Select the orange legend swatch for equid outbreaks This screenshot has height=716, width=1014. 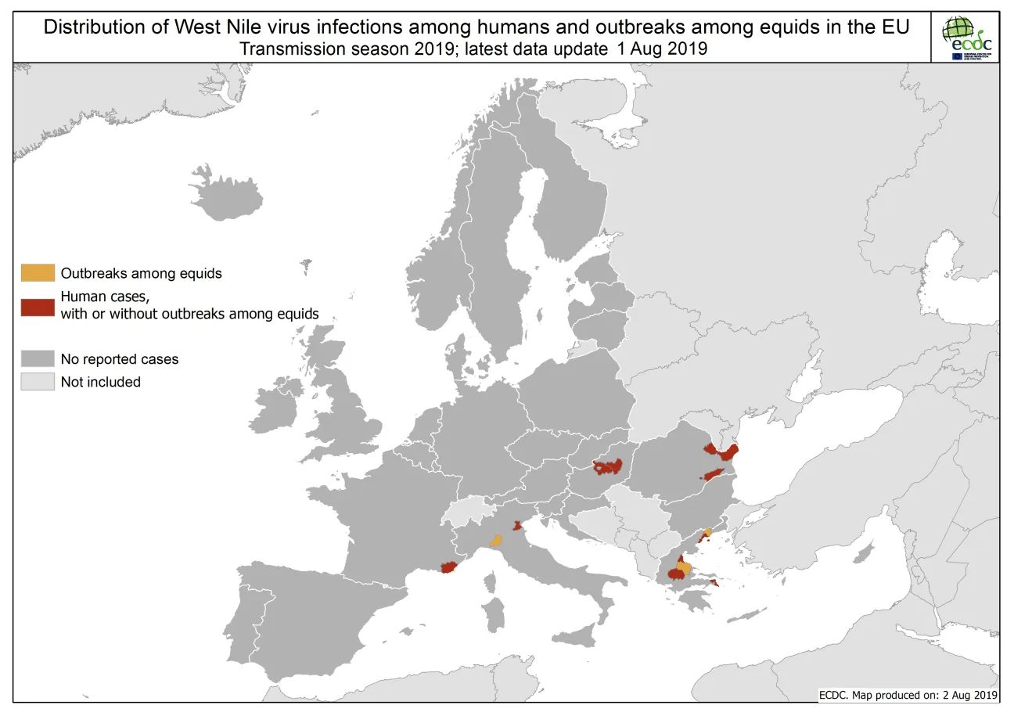[x=38, y=273]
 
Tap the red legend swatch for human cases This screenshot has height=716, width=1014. [x=38, y=306]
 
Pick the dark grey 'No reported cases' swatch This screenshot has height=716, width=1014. [x=38, y=359]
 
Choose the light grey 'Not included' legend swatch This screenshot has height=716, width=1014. [x=38, y=382]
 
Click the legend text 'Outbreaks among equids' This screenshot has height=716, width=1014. [x=141, y=274]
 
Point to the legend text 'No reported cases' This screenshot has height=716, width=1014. [x=120, y=360]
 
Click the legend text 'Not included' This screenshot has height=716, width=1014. [x=101, y=383]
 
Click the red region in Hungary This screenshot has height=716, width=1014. [x=607, y=467]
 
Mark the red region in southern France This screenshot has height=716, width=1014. [x=448, y=567]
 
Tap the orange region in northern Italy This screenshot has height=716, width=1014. [x=495, y=540]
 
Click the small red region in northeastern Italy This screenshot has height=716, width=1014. [x=516, y=526]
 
